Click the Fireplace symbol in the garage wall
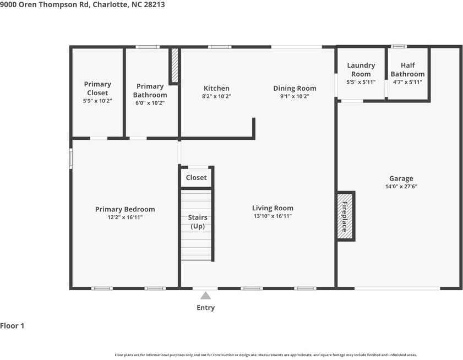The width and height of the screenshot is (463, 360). (345, 216)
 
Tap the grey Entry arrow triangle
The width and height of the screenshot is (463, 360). (205, 296)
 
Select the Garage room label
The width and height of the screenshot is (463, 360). (401, 178)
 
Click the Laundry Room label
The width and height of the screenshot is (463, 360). (361, 70)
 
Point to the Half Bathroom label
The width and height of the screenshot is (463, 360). (407, 70)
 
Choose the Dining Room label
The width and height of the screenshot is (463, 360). (295, 88)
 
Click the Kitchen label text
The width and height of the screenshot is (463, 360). (216, 88)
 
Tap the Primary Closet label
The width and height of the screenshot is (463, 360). (97, 89)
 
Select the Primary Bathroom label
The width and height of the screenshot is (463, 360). (150, 90)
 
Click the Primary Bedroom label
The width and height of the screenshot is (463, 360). (125, 209)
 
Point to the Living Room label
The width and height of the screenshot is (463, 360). (273, 208)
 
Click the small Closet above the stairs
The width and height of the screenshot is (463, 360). (196, 177)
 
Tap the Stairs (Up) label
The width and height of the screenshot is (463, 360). (198, 222)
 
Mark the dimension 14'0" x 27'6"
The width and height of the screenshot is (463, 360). (401, 187)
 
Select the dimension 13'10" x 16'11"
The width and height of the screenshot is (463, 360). (273, 216)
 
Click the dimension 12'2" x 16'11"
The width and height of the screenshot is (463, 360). (125, 217)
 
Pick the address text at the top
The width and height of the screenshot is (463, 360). (82, 4)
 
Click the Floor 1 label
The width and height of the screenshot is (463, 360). (12, 326)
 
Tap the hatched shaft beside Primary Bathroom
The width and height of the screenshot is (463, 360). (175, 66)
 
